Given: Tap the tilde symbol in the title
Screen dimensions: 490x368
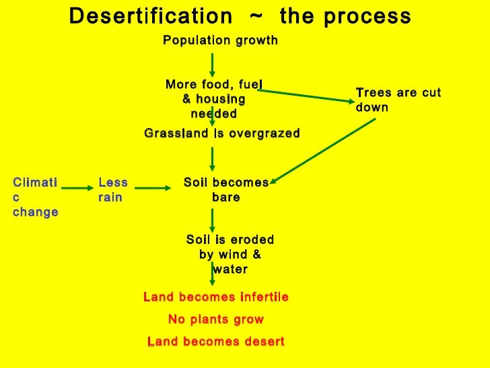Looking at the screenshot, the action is (x=256, y=16).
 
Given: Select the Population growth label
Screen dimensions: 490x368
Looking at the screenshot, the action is (x=220, y=41).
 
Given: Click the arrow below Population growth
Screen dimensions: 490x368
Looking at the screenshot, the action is (x=213, y=64).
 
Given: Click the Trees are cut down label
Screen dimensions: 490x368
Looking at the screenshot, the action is (x=398, y=100).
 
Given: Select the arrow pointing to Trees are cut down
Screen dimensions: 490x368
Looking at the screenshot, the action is (x=306, y=96).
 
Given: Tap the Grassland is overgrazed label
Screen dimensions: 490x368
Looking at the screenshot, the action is (x=222, y=134).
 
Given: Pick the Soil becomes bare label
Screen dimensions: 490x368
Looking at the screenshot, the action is (x=225, y=190).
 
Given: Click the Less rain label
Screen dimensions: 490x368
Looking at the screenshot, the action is (x=113, y=190).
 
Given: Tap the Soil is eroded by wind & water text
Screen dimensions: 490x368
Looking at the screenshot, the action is (x=230, y=254).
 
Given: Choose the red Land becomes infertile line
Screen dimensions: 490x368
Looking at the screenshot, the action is (x=216, y=297).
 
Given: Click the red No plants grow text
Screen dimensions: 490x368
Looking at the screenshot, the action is (x=216, y=319).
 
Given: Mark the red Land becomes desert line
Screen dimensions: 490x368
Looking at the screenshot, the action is (x=216, y=342).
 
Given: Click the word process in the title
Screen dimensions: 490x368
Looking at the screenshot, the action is (x=367, y=16).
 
